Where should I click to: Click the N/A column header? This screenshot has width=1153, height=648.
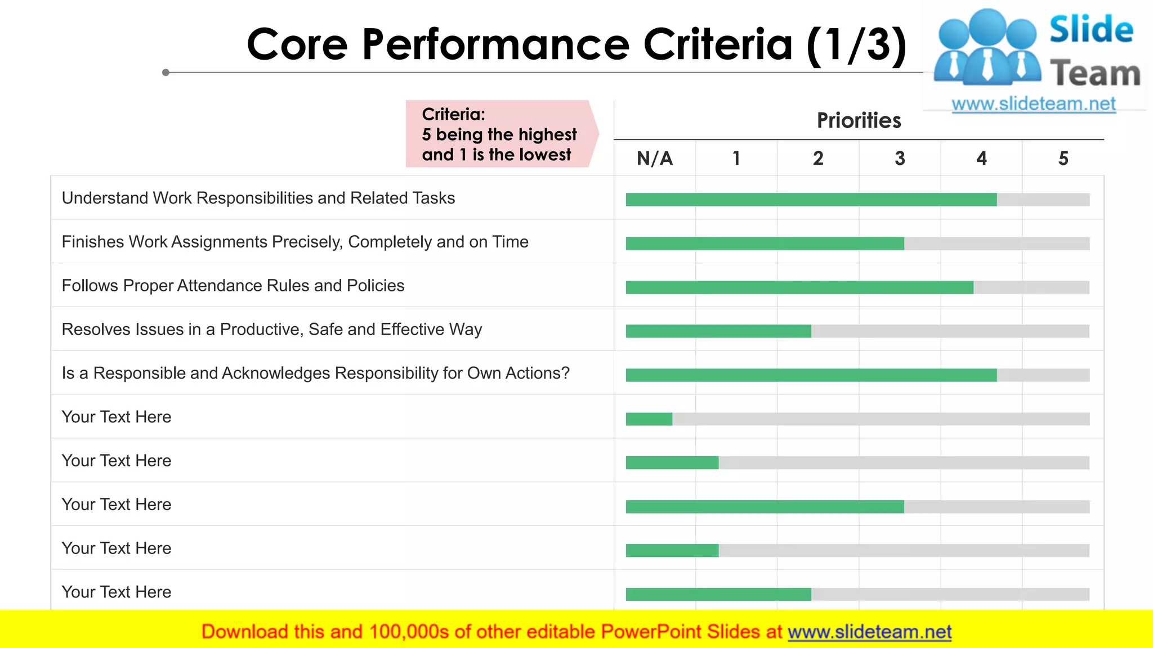(655, 159)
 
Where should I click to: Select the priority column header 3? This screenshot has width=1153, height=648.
(900, 159)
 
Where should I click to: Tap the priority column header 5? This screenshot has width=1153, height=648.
(1063, 159)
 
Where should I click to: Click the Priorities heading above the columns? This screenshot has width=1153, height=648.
(859, 120)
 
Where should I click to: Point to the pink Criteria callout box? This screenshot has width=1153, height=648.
(500, 134)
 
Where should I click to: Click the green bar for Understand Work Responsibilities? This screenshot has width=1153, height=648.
(811, 200)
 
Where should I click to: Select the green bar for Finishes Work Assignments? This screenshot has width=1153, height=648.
(765, 244)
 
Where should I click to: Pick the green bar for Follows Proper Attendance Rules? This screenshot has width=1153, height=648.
(799, 287)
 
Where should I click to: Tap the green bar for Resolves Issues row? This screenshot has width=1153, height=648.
(718, 331)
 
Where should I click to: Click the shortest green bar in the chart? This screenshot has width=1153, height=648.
(649, 419)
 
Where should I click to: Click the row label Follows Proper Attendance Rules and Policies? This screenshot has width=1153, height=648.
(233, 286)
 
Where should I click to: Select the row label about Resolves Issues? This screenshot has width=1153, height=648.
(272, 330)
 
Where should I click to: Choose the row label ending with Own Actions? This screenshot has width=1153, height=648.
(315, 373)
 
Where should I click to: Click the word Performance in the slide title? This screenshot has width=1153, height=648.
(495, 45)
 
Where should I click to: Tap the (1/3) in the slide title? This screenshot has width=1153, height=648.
(856, 45)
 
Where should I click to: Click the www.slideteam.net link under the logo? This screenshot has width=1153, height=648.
(1034, 104)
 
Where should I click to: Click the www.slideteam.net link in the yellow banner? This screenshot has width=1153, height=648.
(869, 632)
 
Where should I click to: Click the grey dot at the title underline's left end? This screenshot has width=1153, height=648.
(166, 73)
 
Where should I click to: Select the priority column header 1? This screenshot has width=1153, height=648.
(736, 159)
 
